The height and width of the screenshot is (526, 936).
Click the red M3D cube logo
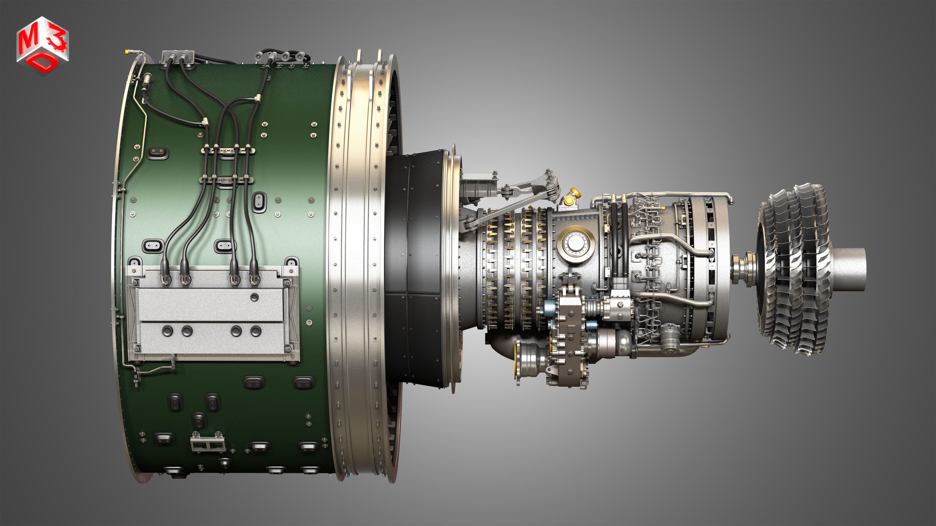[42, 45]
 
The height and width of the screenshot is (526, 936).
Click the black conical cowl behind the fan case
[414, 269]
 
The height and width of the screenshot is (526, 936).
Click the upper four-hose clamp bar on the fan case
[228, 150]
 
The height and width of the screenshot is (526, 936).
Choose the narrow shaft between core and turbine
[743, 269]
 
